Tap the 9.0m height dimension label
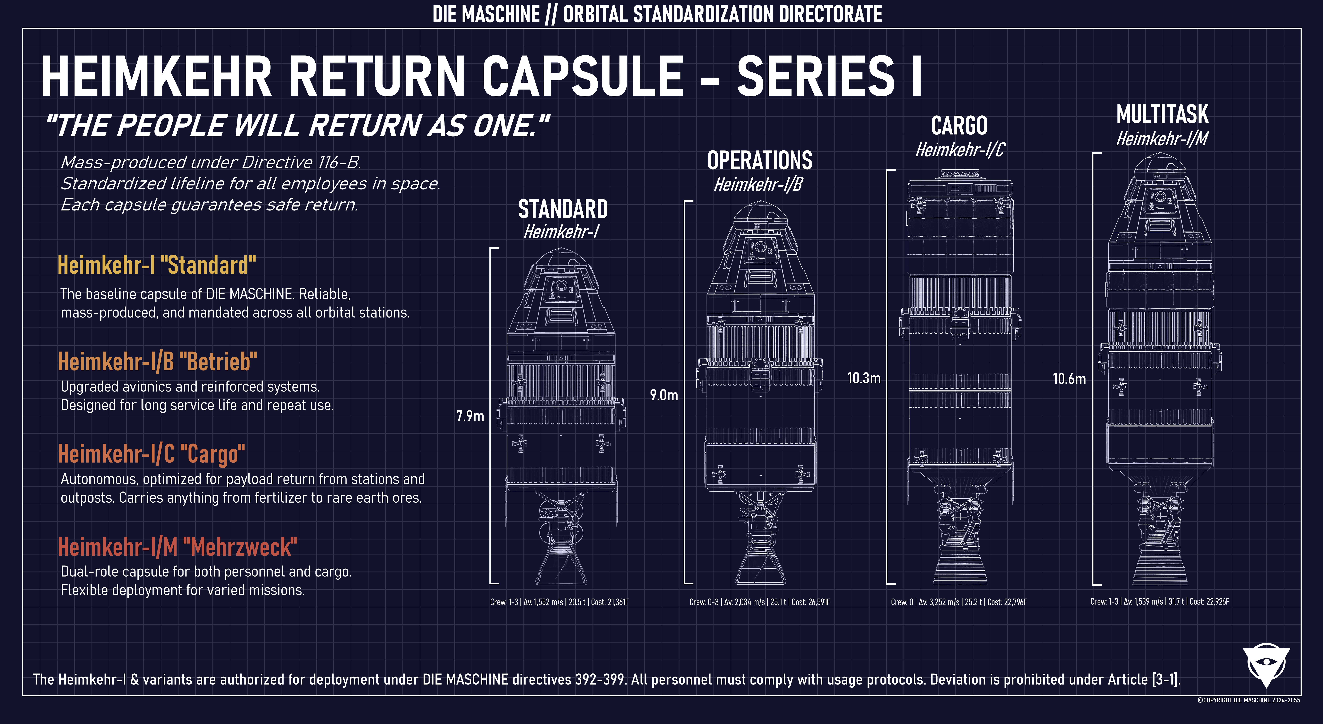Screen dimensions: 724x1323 tap(664, 395)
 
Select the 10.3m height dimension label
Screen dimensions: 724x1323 tap(864, 378)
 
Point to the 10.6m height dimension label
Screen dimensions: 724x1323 tap(1069, 379)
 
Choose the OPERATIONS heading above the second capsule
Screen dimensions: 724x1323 tap(760, 161)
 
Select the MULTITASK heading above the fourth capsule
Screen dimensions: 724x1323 tap(1162, 114)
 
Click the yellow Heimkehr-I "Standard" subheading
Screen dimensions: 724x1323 tap(157, 266)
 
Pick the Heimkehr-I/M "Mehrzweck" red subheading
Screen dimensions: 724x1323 tap(178, 547)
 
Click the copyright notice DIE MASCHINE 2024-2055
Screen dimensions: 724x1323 tap(1248, 700)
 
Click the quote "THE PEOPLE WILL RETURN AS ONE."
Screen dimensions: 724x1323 tap(297, 126)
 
